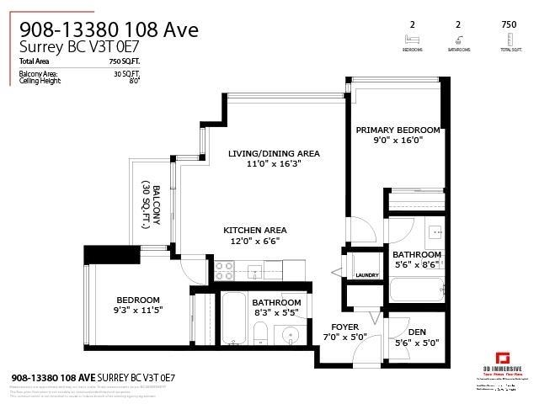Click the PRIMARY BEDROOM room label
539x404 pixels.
(x=398, y=130)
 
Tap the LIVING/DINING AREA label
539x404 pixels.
(x=274, y=153)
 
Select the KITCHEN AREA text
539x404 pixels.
(x=254, y=230)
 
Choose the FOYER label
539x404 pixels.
(x=344, y=327)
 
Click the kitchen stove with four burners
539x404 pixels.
(x=225, y=270)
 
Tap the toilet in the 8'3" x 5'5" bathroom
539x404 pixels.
(x=262, y=333)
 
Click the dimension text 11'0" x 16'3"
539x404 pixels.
(x=274, y=164)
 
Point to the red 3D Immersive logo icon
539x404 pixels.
(x=504, y=357)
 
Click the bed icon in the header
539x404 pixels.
(x=413, y=39)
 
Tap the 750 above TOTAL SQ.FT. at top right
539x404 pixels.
(x=508, y=26)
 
